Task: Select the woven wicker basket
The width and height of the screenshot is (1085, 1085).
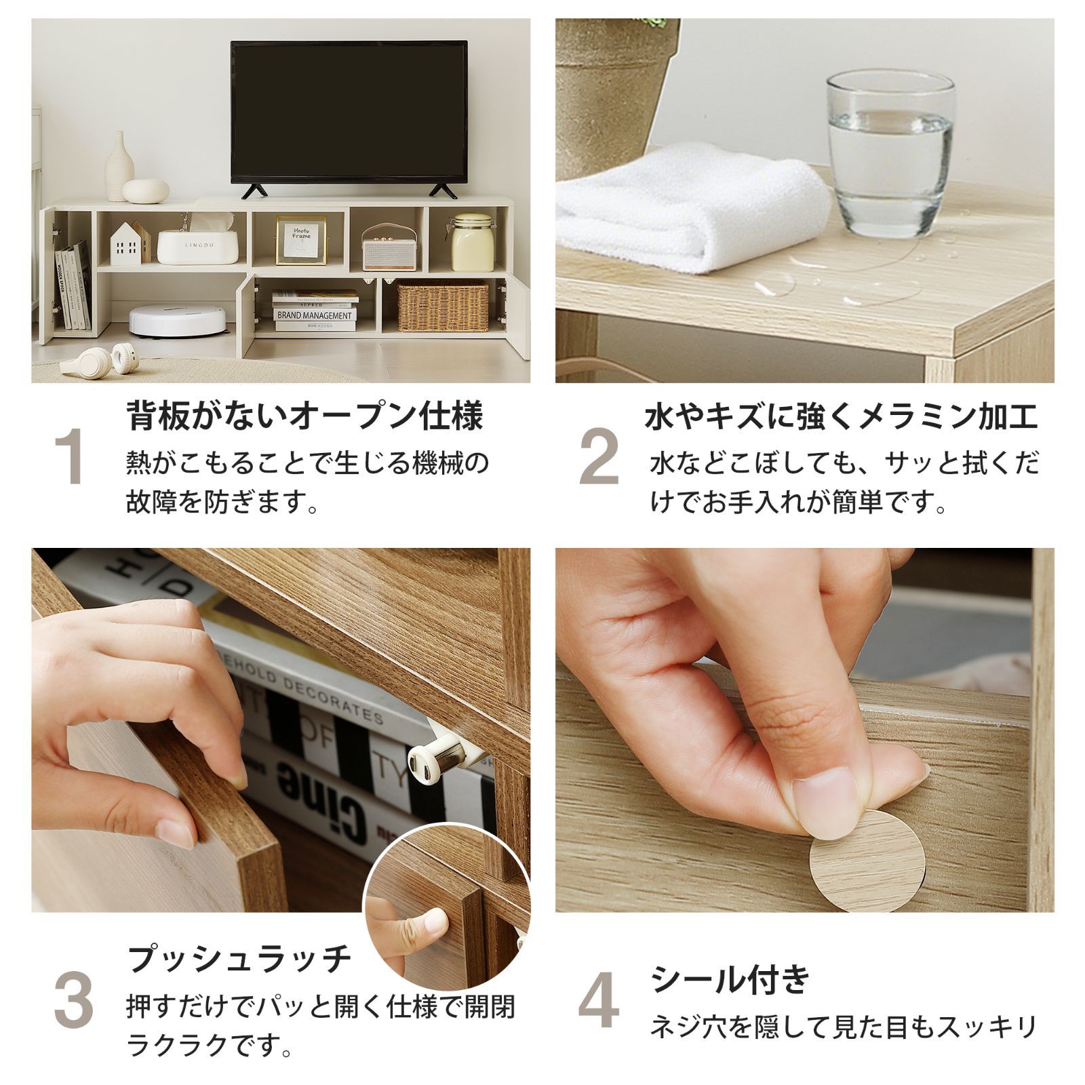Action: (x=442, y=307)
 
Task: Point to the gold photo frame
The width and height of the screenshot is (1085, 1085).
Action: (x=301, y=241)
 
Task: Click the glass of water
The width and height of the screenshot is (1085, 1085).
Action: (x=889, y=146)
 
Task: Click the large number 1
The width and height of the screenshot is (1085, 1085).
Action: (x=71, y=458)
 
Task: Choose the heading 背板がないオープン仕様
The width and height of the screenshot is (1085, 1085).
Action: (x=304, y=415)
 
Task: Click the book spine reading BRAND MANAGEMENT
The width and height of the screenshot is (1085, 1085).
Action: (x=315, y=315)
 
